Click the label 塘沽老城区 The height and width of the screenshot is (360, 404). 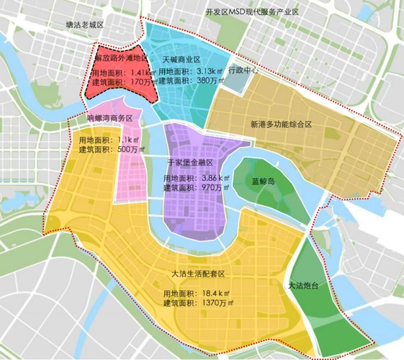85,24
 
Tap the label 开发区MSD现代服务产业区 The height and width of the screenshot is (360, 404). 251,12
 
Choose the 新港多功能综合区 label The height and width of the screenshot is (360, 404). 281,124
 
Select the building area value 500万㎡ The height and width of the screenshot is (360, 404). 134,149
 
